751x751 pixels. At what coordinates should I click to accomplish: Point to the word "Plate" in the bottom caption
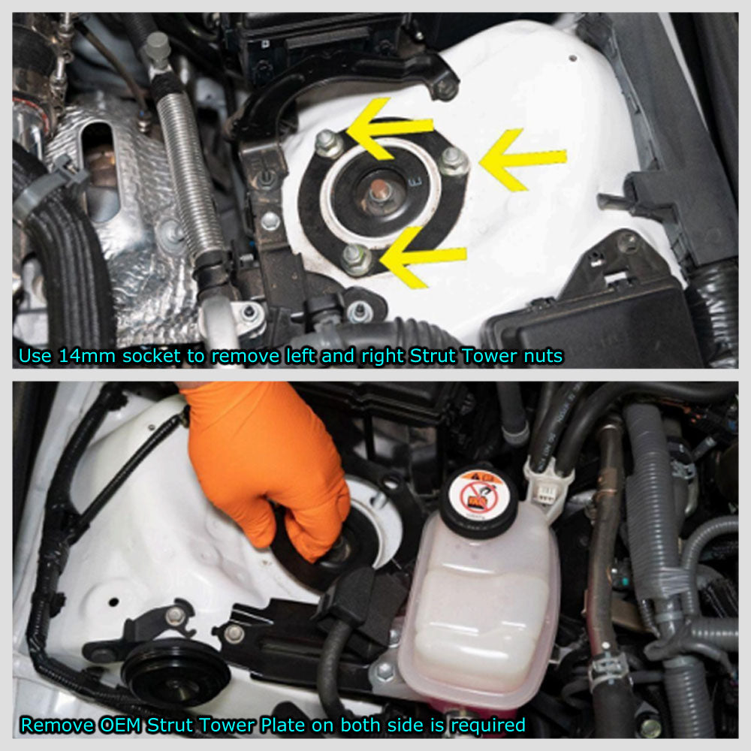click(x=284, y=725)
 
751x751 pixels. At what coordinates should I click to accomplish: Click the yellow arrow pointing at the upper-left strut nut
click(x=388, y=128)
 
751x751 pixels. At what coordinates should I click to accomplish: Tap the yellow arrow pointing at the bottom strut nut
click(x=422, y=257)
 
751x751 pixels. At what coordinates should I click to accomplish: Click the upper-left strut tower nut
click(x=329, y=143)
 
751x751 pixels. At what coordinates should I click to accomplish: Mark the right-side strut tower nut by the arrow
click(x=453, y=161)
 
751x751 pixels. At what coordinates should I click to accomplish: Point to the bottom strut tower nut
click(x=356, y=259)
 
